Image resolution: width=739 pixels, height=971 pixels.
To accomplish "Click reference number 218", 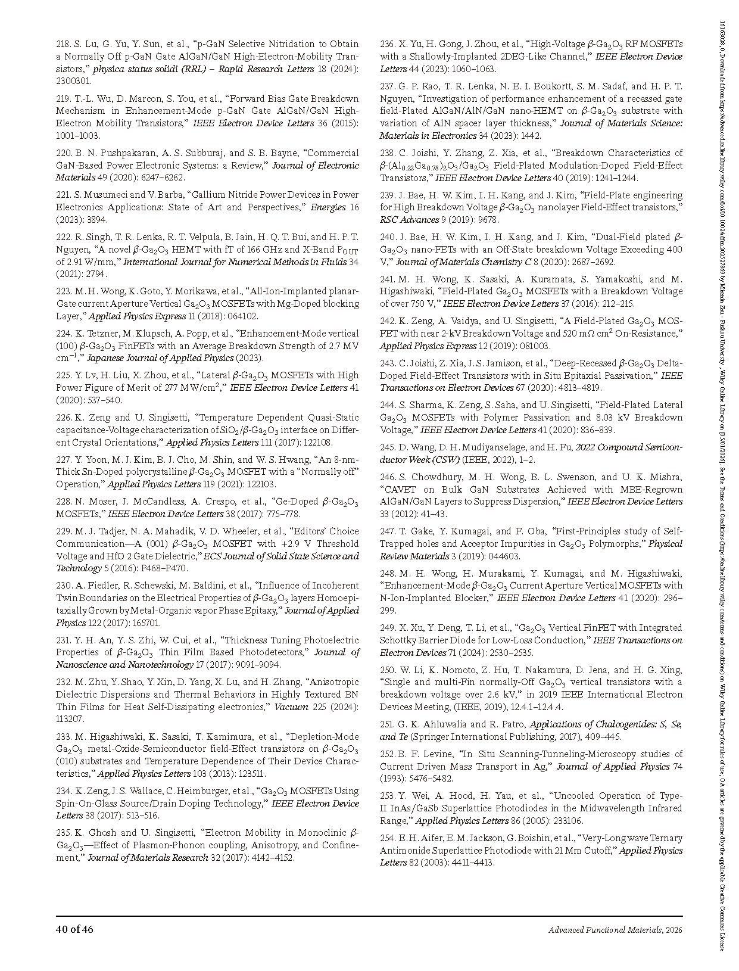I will [64, 44].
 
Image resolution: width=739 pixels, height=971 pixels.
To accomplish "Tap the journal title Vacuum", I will [291, 707].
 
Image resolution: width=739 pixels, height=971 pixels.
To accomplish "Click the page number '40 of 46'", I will [74, 930].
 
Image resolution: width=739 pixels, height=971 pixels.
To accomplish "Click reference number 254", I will [388, 838].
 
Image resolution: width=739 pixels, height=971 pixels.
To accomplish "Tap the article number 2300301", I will [74, 81].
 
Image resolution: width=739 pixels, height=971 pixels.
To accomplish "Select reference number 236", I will [388, 44].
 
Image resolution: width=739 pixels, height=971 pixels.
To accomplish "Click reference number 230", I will [64, 586].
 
